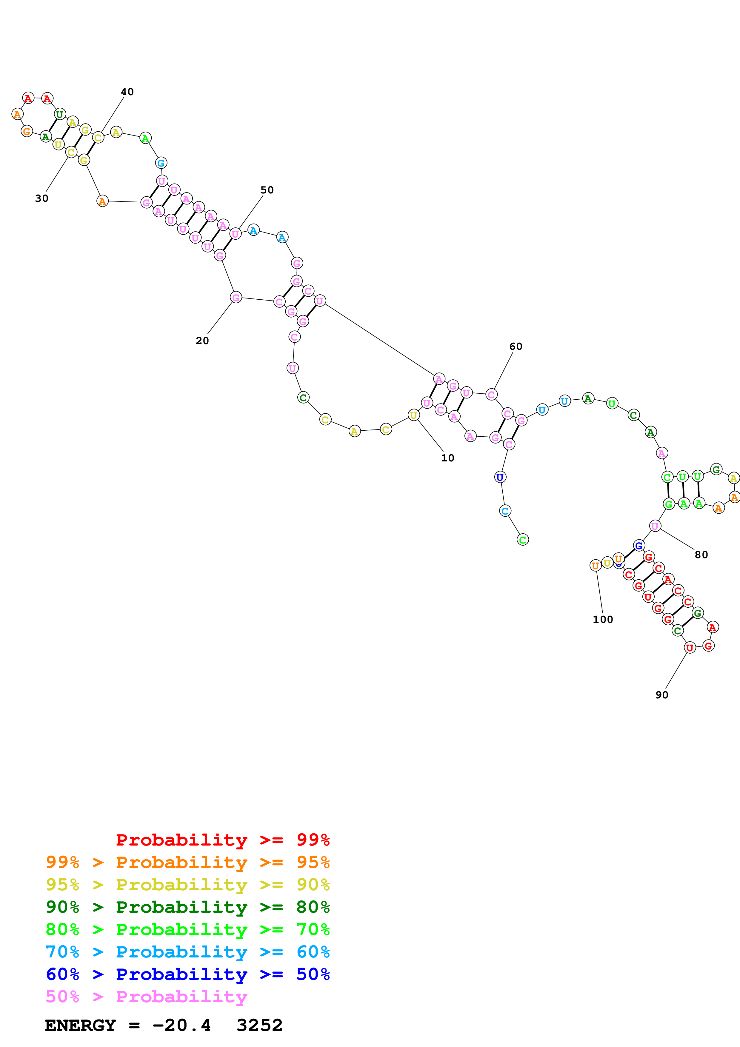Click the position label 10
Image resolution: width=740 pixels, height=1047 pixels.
447,458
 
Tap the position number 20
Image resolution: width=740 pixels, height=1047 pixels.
202,341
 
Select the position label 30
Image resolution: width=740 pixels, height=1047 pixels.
41,198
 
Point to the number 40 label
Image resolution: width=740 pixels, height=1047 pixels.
127,92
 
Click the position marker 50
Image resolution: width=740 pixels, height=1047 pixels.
267,190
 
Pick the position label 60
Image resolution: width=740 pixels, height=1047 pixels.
516,346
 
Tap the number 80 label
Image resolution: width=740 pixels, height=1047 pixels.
701,555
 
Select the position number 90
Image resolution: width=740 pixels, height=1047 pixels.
661,695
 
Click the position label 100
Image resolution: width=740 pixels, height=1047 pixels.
603,619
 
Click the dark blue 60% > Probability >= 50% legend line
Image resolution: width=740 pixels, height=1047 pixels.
187,974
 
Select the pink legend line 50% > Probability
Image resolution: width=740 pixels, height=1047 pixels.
146,997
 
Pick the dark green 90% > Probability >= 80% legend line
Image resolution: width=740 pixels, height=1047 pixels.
187,907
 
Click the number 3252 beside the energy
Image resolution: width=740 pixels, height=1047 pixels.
259,1026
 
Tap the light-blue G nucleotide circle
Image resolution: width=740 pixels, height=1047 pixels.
161,163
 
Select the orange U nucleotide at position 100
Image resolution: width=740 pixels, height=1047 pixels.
595,566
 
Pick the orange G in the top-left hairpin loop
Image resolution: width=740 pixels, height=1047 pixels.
27,131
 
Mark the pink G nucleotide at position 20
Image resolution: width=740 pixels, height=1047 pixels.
236,298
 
